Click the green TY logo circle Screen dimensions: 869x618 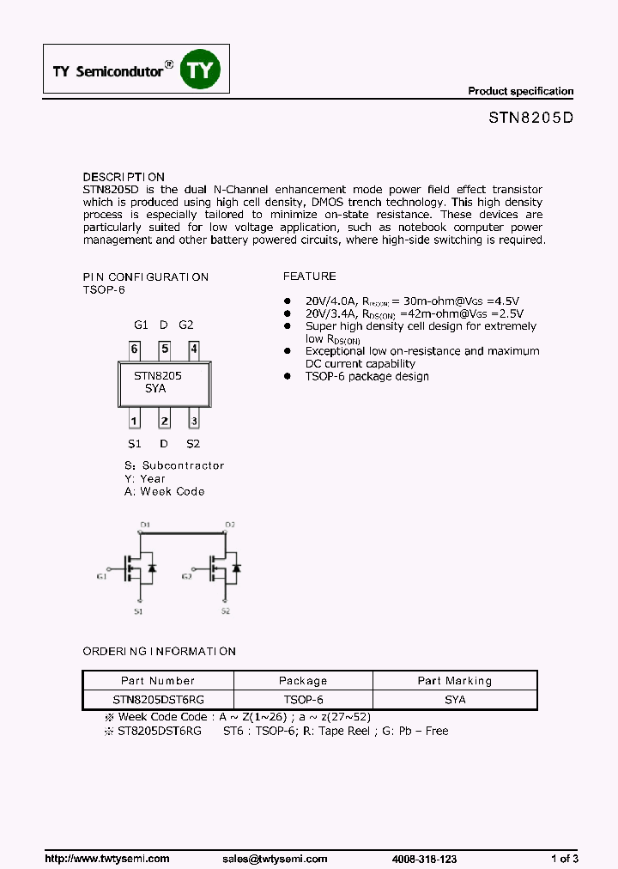(x=200, y=70)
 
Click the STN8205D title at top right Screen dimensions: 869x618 (x=525, y=119)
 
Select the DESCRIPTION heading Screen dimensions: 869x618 (x=124, y=177)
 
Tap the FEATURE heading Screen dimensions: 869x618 (x=310, y=276)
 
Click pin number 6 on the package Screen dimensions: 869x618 (x=135, y=349)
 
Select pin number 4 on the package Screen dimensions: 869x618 (x=194, y=349)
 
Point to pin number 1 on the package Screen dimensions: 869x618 (x=135, y=421)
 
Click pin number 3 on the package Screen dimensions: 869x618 (x=194, y=421)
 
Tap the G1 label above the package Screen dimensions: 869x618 (x=142, y=325)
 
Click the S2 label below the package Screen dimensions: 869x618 (x=193, y=444)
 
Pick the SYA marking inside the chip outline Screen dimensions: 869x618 (x=155, y=388)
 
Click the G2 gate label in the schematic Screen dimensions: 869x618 (x=186, y=577)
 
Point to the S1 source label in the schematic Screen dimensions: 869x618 (x=138, y=611)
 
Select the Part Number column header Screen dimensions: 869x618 (x=158, y=680)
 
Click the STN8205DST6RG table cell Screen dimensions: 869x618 (x=158, y=700)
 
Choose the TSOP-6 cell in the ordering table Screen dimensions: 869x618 (x=303, y=700)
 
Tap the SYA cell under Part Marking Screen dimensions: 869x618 (x=455, y=700)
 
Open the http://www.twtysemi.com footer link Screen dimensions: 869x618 (x=106, y=859)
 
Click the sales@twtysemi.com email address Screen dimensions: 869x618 (x=275, y=859)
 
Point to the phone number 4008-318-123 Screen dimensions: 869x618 (x=424, y=859)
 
